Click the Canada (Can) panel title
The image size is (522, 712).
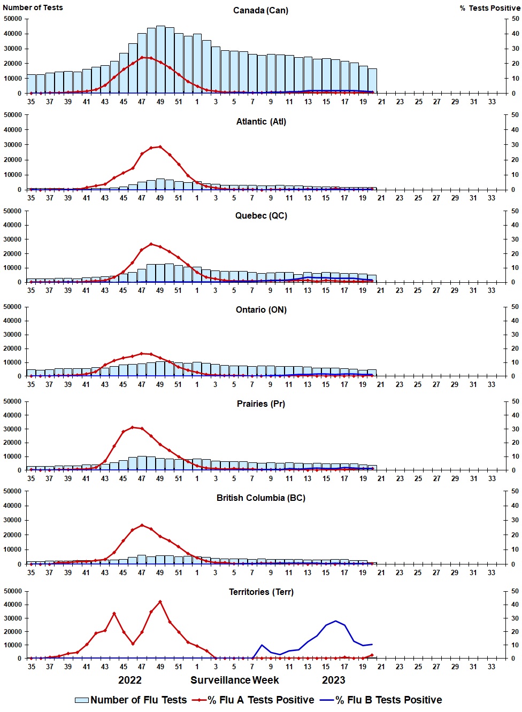click(x=260, y=11)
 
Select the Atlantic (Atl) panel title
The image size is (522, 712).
click(x=261, y=122)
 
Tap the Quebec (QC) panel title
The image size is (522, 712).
click(x=261, y=216)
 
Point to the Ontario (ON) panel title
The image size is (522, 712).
click(x=261, y=310)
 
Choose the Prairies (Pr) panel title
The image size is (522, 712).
click(x=261, y=404)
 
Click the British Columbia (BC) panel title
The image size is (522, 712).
click(x=261, y=498)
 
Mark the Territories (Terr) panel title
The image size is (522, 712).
click(x=261, y=592)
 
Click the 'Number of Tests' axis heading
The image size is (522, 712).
click(x=33, y=7)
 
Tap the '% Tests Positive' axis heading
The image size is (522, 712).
click(x=489, y=8)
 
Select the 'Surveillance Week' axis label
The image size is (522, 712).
click(x=235, y=680)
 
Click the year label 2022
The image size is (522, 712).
click(x=130, y=680)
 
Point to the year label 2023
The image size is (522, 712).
click(x=333, y=680)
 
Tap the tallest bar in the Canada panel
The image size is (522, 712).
click(x=160, y=59)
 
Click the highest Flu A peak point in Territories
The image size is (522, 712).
click(x=160, y=602)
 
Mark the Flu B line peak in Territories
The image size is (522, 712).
click(x=335, y=621)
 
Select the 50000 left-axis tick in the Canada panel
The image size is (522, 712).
click(x=13, y=19)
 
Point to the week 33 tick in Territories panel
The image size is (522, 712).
click(x=492, y=667)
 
